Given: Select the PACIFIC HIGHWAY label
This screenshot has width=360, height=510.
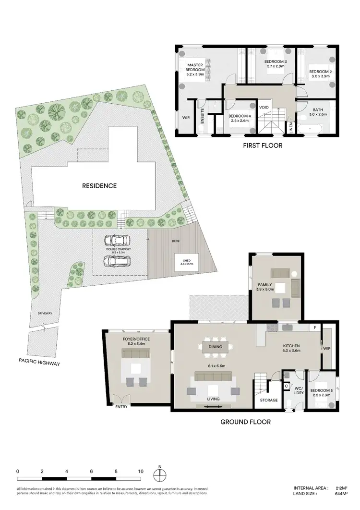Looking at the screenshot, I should (39, 364).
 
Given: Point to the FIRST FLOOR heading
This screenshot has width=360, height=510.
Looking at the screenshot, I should (263, 145).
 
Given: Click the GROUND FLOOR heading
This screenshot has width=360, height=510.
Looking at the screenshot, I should (245, 422).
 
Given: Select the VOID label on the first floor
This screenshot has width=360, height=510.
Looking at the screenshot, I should (264, 107).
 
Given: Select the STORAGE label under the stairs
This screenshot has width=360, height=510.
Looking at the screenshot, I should (269, 400).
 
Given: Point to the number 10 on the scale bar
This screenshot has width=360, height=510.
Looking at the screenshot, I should (141, 471).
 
